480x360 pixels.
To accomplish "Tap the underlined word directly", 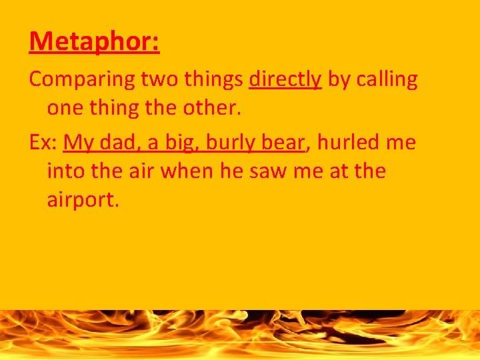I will pyautogui.click(x=285, y=79).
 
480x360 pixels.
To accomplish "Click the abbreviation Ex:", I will pyautogui.click(x=43, y=143).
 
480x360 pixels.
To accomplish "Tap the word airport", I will pyautogui.click(x=83, y=200).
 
